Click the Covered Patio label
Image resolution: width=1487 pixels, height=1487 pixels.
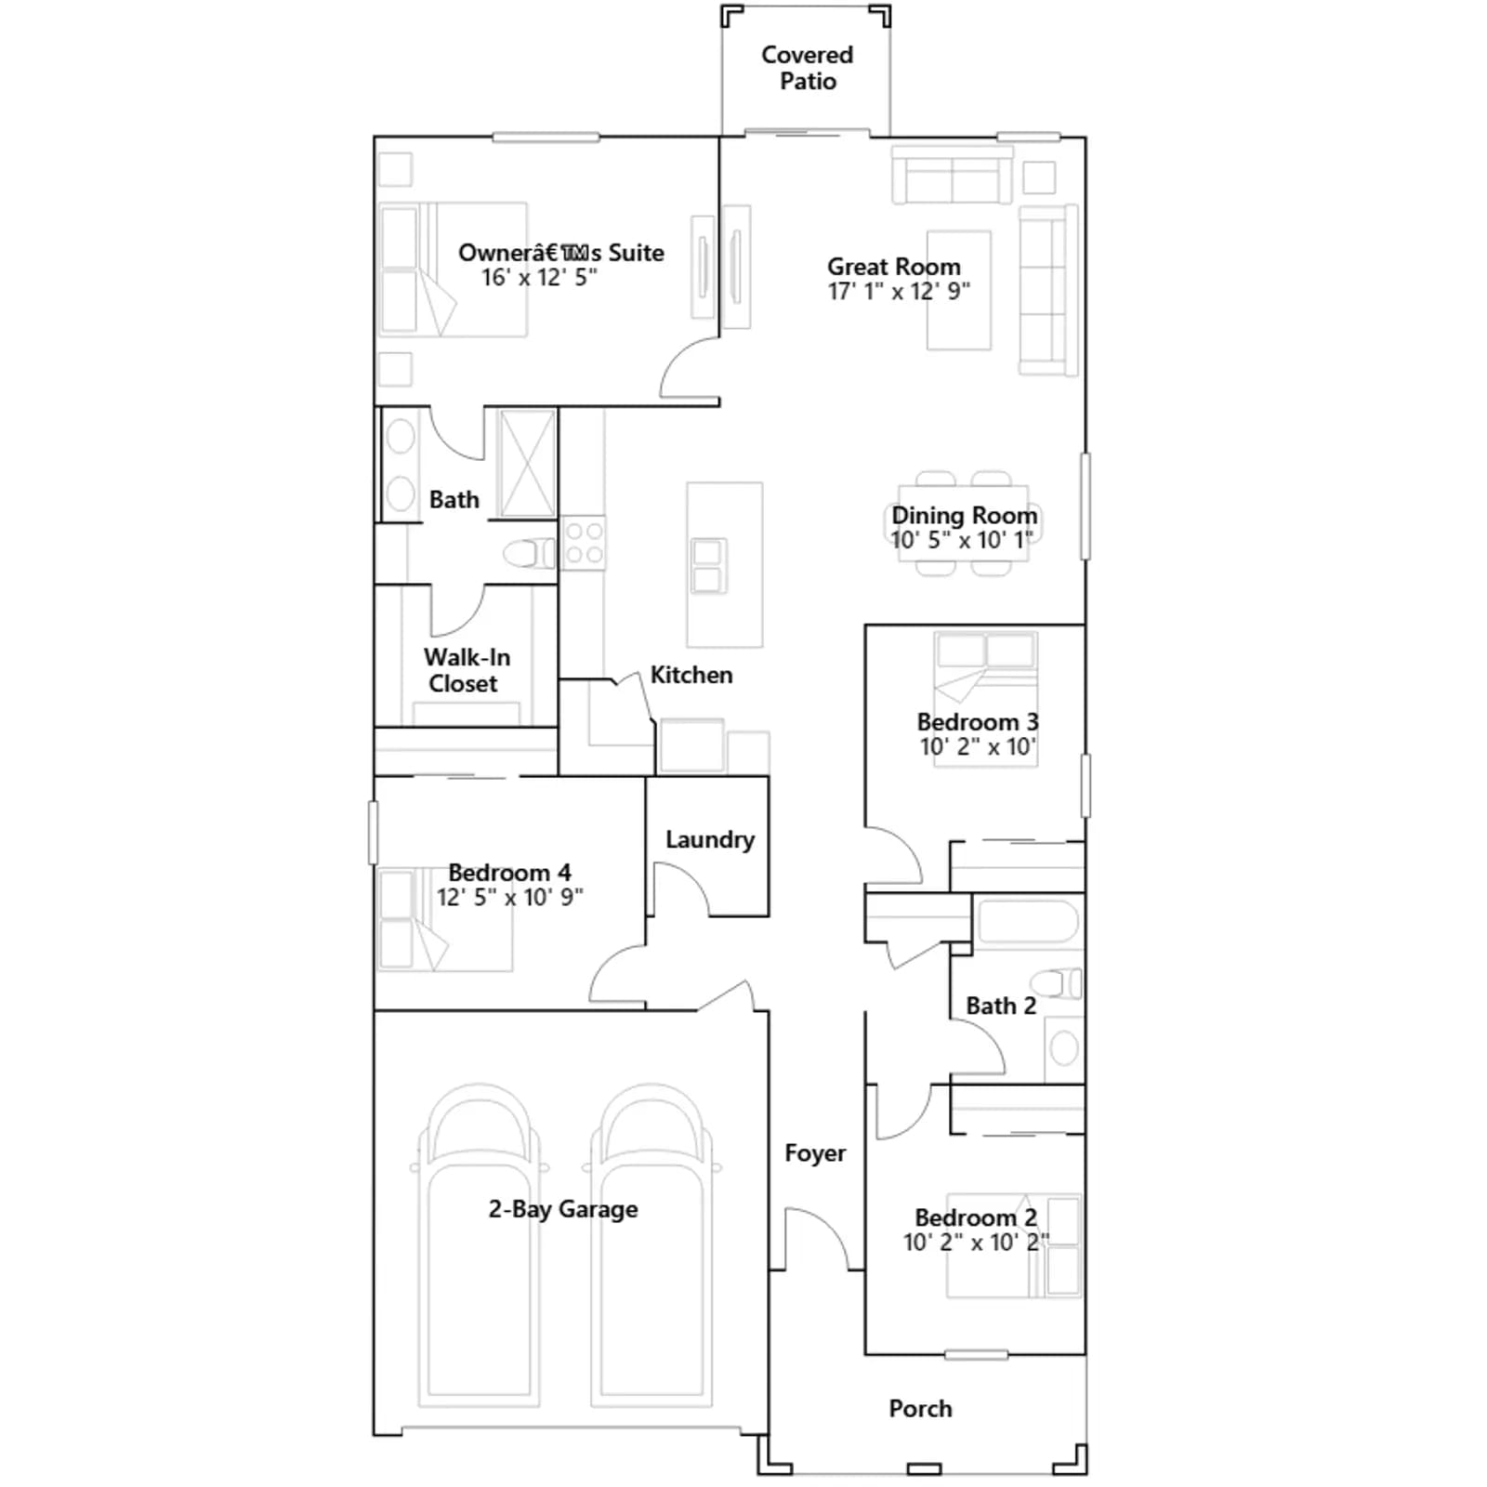pyautogui.click(x=807, y=68)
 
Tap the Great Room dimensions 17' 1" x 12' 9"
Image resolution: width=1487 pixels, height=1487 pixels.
pyautogui.click(x=899, y=292)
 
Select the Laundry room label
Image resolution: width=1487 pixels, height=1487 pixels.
pyautogui.click(x=710, y=840)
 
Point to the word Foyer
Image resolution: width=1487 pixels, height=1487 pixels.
pyautogui.click(x=815, y=1153)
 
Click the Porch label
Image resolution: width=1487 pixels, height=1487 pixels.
pyautogui.click(x=920, y=1409)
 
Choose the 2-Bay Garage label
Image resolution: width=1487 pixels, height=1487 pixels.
pyautogui.click(x=563, y=1209)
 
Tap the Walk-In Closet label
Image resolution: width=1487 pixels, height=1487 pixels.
pyautogui.click(x=467, y=670)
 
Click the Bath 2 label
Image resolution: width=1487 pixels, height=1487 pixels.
pyautogui.click(x=1001, y=1006)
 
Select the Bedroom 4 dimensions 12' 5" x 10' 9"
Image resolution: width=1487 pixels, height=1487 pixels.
pyautogui.click(x=510, y=897)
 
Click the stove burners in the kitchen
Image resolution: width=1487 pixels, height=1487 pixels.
pyautogui.click(x=584, y=543)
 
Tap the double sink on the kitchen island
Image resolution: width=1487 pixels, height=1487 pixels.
pyautogui.click(x=707, y=565)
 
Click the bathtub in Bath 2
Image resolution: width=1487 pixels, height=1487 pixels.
pyautogui.click(x=1028, y=923)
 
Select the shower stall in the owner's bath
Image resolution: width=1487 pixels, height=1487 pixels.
pyautogui.click(x=527, y=463)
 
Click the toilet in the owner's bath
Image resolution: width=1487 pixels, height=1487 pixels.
pyautogui.click(x=530, y=554)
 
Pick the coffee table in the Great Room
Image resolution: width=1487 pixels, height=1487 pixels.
pyautogui.click(x=958, y=290)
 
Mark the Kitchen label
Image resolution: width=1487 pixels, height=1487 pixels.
pyautogui.click(x=691, y=675)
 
